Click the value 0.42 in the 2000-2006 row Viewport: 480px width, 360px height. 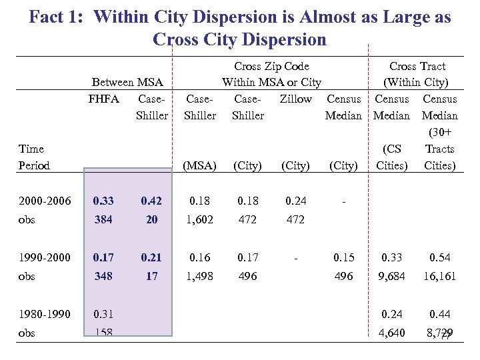151,201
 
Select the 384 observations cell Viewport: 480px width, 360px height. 103,219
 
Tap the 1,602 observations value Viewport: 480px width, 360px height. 200,219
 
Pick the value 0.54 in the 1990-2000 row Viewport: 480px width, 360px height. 439,257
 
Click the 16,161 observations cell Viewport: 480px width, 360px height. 439,275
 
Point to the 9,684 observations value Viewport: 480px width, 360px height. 391,275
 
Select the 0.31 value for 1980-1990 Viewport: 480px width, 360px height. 103,314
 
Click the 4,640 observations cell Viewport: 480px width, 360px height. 391,333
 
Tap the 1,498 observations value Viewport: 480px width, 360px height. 200,275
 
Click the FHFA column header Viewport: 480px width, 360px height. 103,99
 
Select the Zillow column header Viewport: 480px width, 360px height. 296,99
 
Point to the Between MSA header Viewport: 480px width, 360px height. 127,82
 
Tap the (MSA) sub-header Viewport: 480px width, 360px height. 200,165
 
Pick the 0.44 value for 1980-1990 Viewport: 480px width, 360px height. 439,314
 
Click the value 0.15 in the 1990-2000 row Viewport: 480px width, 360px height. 344,257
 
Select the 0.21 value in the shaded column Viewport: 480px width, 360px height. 151,257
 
